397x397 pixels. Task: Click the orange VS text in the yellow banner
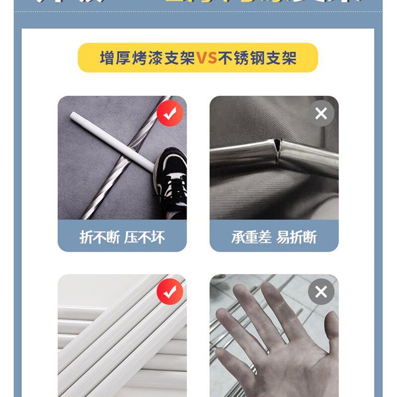pos(206,58)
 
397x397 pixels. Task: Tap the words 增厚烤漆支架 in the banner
pos(147,58)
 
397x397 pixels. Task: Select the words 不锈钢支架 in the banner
pos(257,58)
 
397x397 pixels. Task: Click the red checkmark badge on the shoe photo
pos(170,114)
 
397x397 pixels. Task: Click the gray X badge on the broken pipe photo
pos(321,114)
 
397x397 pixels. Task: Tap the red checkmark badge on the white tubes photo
pos(170,292)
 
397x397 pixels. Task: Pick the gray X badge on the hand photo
pos(321,292)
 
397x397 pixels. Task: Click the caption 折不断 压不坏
pos(122,237)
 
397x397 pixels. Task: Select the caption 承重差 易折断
pos(274,237)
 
